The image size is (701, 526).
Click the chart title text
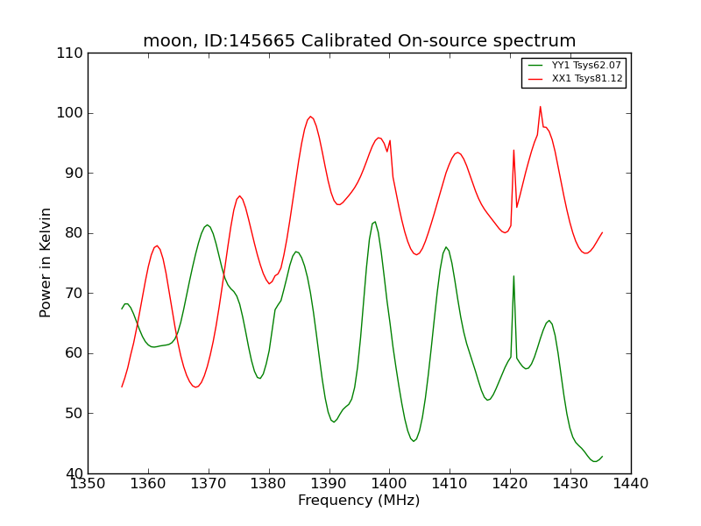click(359, 41)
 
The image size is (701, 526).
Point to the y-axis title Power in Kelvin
click(46, 262)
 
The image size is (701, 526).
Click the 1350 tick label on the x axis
click(88, 483)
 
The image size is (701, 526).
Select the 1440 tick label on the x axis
click(630, 483)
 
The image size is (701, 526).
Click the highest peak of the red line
click(540, 107)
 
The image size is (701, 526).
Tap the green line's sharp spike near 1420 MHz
click(513, 276)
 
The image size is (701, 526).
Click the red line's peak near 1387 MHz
click(310, 117)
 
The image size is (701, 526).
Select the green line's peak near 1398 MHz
click(374, 222)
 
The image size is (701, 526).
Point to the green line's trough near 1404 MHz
click(414, 441)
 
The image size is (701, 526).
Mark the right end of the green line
click(602, 456)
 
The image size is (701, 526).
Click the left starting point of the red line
click(122, 387)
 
